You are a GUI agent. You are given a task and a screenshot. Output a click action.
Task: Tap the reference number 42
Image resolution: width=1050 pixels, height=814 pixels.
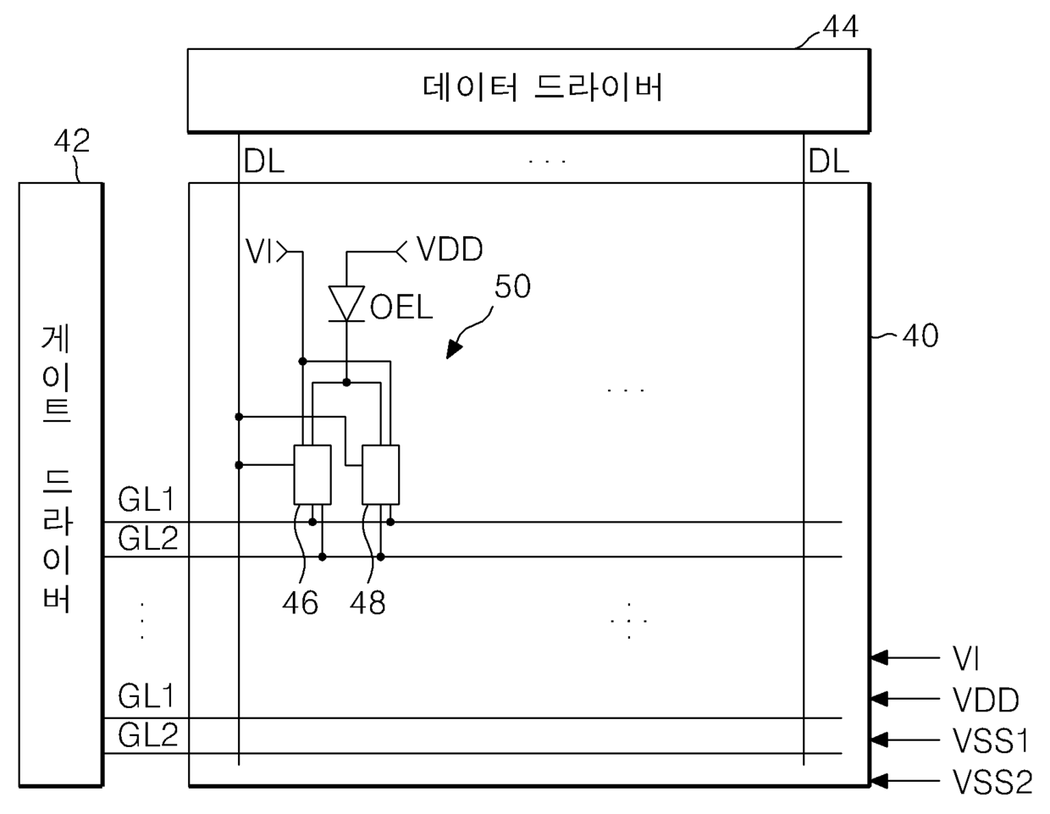[72, 141]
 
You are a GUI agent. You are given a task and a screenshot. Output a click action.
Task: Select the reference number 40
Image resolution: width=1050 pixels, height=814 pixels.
[920, 336]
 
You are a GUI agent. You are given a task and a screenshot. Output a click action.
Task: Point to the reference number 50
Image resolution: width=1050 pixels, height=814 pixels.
[512, 286]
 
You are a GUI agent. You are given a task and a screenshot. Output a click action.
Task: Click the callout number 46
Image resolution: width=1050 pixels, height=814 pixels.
[300, 603]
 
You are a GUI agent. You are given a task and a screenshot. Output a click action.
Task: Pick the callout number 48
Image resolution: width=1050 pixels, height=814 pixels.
[367, 603]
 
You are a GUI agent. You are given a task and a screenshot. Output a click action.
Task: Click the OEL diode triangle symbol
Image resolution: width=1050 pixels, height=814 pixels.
[346, 303]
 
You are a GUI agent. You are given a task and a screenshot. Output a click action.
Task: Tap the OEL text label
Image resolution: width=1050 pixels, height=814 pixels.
[401, 307]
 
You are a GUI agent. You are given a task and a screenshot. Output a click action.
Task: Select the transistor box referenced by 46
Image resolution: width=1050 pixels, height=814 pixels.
[312, 474]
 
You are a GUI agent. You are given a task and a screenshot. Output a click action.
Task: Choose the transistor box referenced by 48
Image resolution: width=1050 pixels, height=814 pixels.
[381, 474]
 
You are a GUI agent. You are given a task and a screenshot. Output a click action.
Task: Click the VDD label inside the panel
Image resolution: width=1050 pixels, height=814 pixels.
[450, 249]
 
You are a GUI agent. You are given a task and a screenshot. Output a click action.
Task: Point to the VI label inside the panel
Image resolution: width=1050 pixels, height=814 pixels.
[259, 251]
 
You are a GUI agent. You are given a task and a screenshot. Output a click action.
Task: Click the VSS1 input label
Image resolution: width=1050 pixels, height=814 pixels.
[990, 740]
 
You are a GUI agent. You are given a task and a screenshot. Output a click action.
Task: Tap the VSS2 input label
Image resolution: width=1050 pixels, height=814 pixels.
[992, 782]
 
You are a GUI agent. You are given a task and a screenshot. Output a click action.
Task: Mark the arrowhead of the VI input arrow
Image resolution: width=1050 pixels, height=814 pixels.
[879, 657]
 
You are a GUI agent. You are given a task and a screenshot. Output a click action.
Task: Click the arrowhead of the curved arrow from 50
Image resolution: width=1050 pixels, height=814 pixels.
[453, 348]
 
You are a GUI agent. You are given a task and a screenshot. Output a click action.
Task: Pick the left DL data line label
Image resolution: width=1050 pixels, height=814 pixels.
[264, 162]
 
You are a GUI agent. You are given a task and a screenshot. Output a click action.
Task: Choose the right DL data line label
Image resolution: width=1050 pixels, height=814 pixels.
[829, 162]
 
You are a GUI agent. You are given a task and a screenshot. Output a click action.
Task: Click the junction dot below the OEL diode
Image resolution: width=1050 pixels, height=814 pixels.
[346, 382]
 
